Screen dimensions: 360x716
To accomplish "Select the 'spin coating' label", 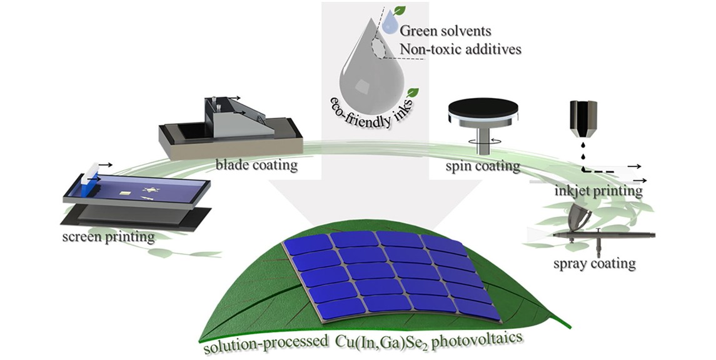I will click(483, 166).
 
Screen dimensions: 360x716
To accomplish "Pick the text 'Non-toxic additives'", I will click(460, 49).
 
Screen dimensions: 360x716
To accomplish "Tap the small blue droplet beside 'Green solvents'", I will click(390, 24).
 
